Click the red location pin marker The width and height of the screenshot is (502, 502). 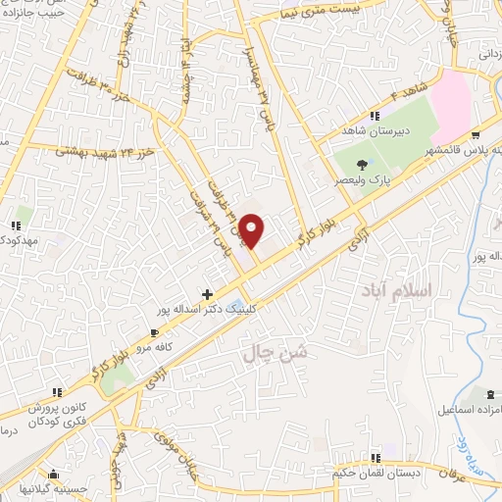pos(252,230)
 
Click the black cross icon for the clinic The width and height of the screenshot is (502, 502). pos(207,293)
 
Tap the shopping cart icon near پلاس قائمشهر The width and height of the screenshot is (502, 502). pos(476,136)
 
